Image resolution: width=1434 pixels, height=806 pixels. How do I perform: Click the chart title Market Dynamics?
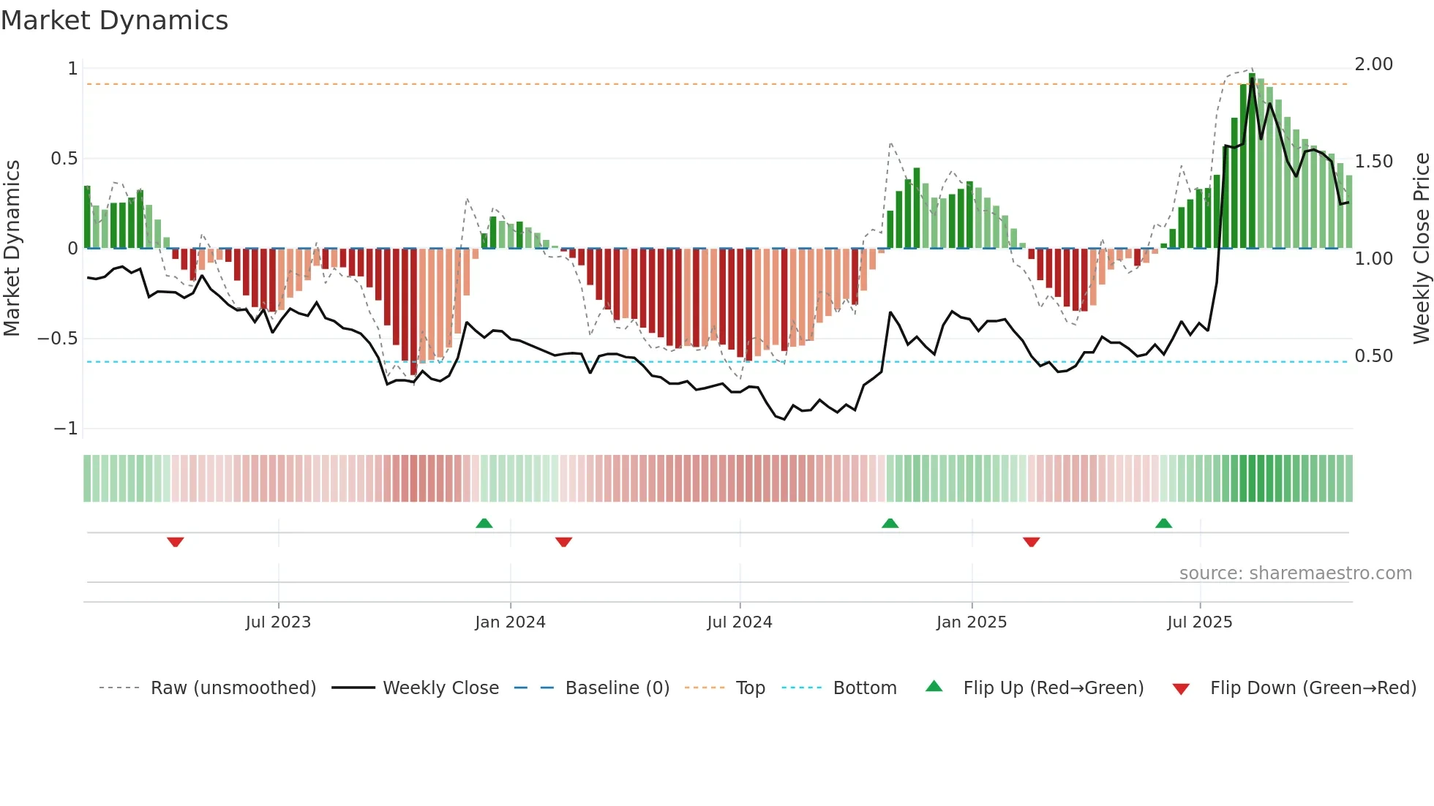(x=114, y=20)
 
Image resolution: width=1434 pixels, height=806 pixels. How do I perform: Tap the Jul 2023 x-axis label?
(x=278, y=622)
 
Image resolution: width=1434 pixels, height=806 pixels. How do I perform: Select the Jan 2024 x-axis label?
(x=510, y=622)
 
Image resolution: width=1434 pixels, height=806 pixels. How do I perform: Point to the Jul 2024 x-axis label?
(x=740, y=622)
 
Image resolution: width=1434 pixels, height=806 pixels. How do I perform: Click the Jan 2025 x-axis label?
(x=972, y=622)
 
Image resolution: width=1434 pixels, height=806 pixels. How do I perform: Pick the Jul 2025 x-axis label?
(x=1200, y=622)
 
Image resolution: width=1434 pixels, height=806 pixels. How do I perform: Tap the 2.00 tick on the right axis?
(x=1373, y=64)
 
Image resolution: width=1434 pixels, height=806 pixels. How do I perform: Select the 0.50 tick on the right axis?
(x=1373, y=356)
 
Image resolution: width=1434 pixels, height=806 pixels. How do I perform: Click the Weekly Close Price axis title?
(x=1421, y=249)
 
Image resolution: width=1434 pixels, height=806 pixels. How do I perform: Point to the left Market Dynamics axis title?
(x=12, y=249)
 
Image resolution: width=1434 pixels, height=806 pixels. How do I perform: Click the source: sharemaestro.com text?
(x=1295, y=573)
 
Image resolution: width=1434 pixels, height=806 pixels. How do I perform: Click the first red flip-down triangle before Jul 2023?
(x=175, y=542)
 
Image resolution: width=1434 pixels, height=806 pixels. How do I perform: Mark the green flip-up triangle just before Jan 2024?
(x=484, y=523)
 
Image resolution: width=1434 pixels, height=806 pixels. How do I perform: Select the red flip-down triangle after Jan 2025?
(x=1032, y=542)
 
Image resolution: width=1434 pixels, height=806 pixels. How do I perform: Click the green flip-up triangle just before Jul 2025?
(x=1163, y=523)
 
